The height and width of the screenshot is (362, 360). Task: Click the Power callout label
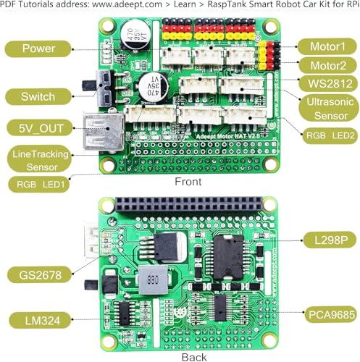tap(39, 50)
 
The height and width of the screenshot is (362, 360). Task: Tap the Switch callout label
tap(38, 96)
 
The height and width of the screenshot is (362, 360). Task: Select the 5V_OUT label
tap(38, 128)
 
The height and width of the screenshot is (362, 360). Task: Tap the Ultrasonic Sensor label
tap(327, 108)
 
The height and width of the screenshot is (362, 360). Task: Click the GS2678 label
tap(38, 274)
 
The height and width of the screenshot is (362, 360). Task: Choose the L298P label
tap(325, 240)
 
